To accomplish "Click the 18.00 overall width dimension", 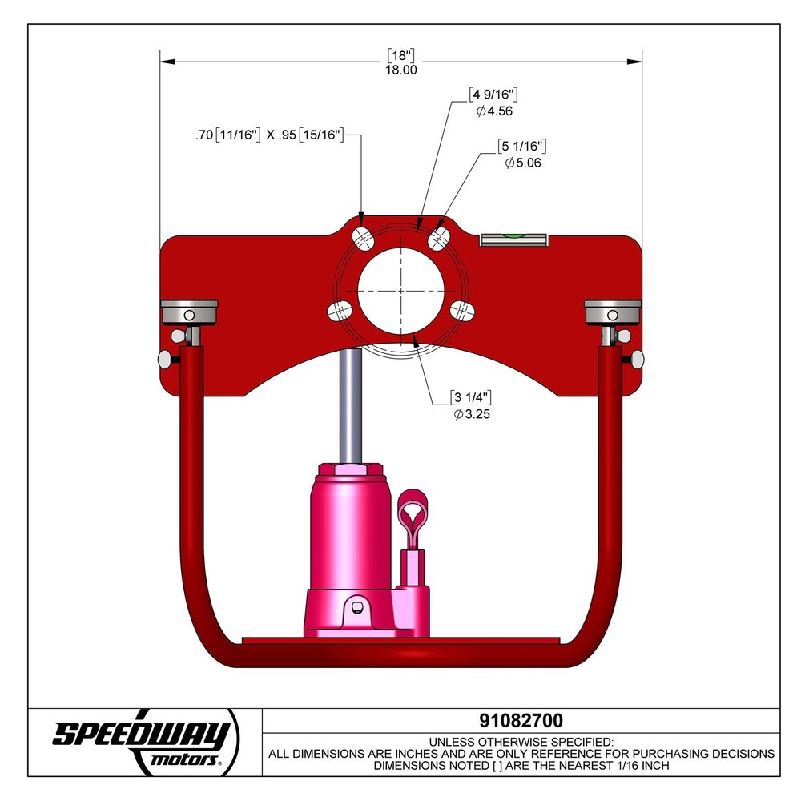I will pyautogui.click(x=400, y=70).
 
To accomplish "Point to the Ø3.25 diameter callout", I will pyautogui.click(x=472, y=414).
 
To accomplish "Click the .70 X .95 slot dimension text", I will pyautogui.click(x=270, y=135).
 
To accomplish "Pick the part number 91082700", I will pyautogui.click(x=521, y=720).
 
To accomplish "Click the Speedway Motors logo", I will pyautogui.click(x=145, y=741).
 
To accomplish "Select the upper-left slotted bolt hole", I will pyautogui.click(x=364, y=238).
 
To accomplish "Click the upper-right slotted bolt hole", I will pyautogui.click(x=439, y=237).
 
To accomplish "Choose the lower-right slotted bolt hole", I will pyautogui.click(x=464, y=310).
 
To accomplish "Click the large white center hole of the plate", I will pyautogui.click(x=400, y=289).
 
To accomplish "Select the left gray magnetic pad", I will pyautogui.click(x=189, y=311).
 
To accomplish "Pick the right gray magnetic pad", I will pyautogui.click(x=613, y=311).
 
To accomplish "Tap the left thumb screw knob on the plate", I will pyautogui.click(x=166, y=358).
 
